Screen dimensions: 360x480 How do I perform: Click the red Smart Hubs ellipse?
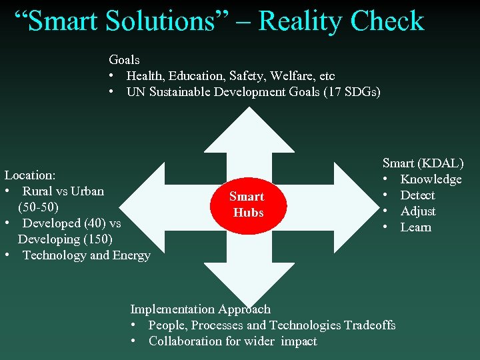coord(247,205)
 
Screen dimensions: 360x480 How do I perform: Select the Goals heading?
coord(124,60)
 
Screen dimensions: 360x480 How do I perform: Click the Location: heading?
coord(30,175)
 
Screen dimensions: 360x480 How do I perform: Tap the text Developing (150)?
coord(65,239)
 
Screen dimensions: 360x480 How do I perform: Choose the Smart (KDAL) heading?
coord(423,163)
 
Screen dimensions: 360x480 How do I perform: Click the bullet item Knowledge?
coord(431,179)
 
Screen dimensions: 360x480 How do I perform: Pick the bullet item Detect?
coord(417,195)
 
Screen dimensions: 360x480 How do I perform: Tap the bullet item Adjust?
coord(418,211)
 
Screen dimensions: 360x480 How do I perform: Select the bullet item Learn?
coord(415,227)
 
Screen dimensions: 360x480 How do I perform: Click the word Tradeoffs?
coord(369,325)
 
